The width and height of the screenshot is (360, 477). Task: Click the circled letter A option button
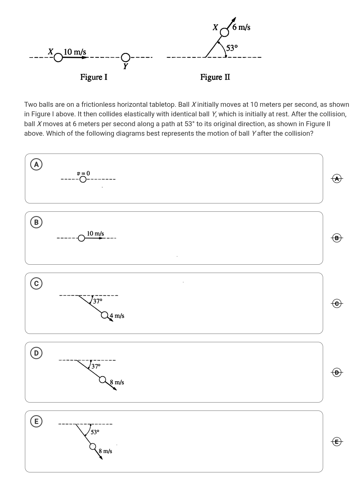pyautogui.click(x=36, y=164)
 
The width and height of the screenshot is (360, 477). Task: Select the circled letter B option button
pyautogui.click(x=36, y=222)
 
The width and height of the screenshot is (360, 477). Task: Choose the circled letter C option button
pyautogui.click(x=36, y=283)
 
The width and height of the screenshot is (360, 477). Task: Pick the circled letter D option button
pyautogui.click(x=36, y=353)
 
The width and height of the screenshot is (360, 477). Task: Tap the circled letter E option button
pyautogui.click(x=36, y=421)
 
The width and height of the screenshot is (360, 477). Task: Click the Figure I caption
pyautogui.click(x=94, y=77)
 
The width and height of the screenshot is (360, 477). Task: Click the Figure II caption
pyautogui.click(x=215, y=77)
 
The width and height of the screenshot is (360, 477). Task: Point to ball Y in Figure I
pyautogui.click(x=125, y=57)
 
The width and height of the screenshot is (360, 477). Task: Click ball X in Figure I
pyautogui.click(x=58, y=58)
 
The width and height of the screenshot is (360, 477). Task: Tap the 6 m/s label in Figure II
pyautogui.click(x=241, y=27)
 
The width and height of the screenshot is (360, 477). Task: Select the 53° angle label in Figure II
pyautogui.click(x=232, y=48)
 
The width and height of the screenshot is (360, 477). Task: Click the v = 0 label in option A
pyautogui.click(x=83, y=173)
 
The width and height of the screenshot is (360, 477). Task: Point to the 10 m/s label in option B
pyautogui.click(x=95, y=234)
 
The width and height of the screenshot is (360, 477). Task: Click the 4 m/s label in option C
pyautogui.click(x=117, y=316)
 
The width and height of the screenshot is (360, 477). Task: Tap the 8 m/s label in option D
pyautogui.click(x=117, y=382)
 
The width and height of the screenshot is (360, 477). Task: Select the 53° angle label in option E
pyautogui.click(x=95, y=432)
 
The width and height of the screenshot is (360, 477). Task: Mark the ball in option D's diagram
pyautogui.click(x=103, y=379)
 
